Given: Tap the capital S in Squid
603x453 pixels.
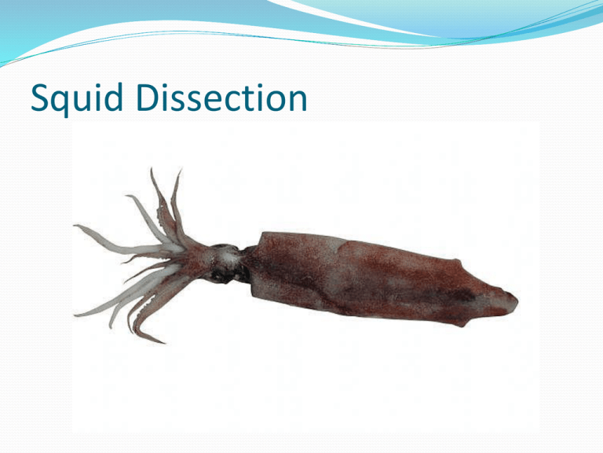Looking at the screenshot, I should pyautogui.click(x=35, y=100).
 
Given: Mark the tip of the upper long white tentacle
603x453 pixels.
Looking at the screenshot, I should pyautogui.click(x=76, y=227).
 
